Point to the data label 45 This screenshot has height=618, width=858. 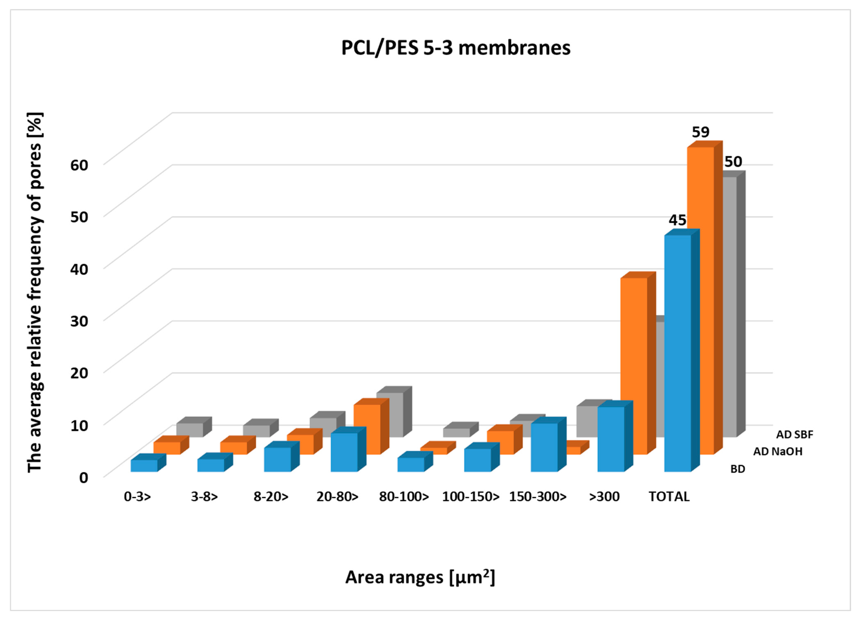pyautogui.click(x=677, y=220)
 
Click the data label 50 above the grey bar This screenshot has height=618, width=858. pyautogui.click(x=733, y=162)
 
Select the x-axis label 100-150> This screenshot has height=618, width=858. pyautogui.click(x=471, y=496)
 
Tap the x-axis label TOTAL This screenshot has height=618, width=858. pyautogui.click(x=669, y=496)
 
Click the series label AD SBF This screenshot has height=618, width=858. pyautogui.click(x=794, y=435)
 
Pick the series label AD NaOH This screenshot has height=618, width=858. pyautogui.click(x=778, y=452)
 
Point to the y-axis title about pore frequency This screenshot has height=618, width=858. pyautogui.click(x=35, y=292)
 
